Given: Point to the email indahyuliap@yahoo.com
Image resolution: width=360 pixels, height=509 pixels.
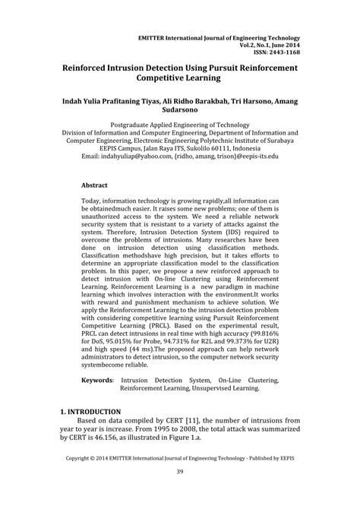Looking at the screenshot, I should pyautogui.click(x=129, y=155).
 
